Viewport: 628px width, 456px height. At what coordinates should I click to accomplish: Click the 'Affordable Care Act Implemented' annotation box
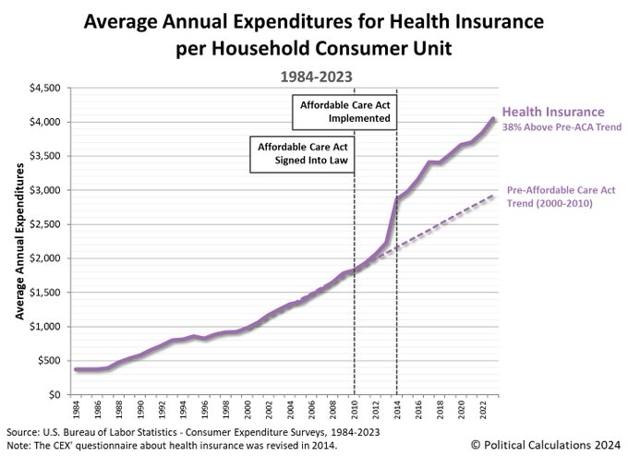[x=345, y=111]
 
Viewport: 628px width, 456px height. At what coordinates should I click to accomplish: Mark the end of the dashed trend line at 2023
[x=494, y=196]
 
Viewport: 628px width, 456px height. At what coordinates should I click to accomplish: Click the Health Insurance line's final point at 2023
[x=494, y=118]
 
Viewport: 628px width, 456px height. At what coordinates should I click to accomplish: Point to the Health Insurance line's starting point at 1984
[x=77, y=369]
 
